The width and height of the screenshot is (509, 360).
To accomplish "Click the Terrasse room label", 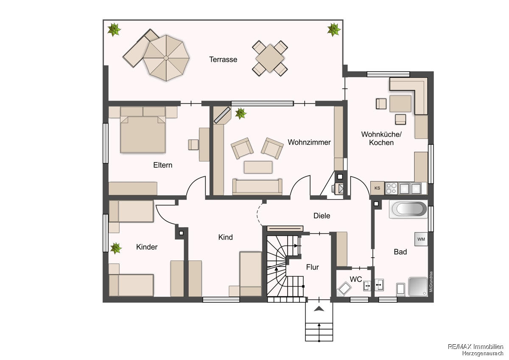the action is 223,59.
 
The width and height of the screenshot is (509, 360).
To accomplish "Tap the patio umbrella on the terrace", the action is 166,58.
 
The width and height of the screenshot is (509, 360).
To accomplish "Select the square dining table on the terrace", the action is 270,58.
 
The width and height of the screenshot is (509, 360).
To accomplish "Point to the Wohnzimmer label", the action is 309,142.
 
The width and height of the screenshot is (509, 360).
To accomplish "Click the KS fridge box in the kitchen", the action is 377,188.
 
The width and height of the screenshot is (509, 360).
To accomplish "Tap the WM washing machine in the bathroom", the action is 421,239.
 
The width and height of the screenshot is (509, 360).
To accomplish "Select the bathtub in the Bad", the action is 408,209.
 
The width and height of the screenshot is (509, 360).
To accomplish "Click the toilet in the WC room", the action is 344,289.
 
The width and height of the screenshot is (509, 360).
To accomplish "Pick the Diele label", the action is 322,216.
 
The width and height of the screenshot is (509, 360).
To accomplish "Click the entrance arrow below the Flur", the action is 319,309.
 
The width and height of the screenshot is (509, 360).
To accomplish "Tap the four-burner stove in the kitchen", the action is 391,188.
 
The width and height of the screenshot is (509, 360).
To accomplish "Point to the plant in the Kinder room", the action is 116,248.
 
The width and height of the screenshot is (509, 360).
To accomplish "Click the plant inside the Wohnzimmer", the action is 241,113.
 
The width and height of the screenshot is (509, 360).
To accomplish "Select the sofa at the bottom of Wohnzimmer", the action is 257,187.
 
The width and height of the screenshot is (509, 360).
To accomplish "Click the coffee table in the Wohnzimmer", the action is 258,167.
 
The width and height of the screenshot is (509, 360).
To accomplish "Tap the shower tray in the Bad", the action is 418,287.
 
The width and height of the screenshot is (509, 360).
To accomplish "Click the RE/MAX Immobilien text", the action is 475,347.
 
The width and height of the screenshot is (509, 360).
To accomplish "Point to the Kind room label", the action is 225,237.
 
